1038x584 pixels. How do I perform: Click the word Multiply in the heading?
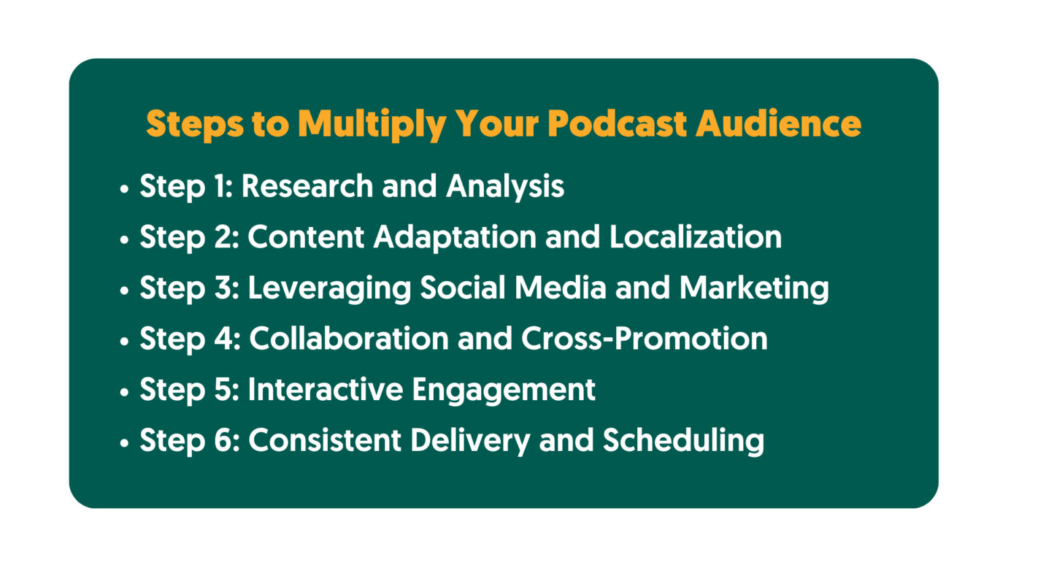point(372,124)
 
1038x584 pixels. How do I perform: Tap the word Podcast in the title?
point(617,124)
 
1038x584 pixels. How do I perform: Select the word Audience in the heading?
point(778,124)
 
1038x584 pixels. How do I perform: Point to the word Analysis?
point(505,186)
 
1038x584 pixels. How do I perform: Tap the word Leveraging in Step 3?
point(329,288)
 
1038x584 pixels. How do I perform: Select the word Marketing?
point(753,288)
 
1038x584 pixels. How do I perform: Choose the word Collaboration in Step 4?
point(349,339)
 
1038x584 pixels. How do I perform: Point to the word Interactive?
point(325,389)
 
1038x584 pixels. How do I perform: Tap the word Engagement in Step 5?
point(503,390)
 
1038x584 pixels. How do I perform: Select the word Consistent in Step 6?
point(325,440)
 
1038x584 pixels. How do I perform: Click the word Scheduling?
point(683,441)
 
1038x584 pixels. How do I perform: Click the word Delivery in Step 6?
point(470,441)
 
